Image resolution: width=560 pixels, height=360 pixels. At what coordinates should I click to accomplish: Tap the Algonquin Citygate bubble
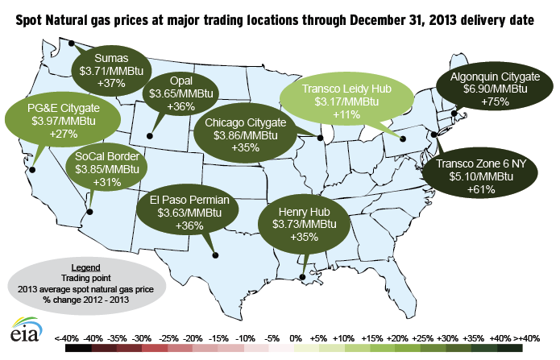point(490,89)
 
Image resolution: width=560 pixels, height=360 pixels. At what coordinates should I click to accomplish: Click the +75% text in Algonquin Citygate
point(490,103)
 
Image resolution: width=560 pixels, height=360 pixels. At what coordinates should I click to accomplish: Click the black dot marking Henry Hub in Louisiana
point(302,278)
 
